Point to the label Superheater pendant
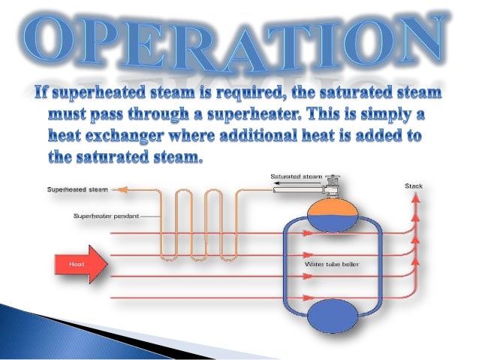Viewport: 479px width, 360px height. pyautogui.click(x=105, y=216)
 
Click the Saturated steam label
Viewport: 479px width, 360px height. pyautogui.click(x=297, y=176)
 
